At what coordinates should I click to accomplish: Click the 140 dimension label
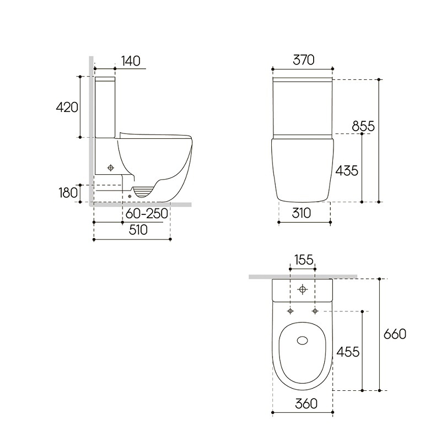(131, 61)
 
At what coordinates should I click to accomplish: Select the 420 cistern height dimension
(67, 107)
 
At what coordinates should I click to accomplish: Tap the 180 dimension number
(68, 192)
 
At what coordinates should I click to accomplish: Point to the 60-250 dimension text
(147, 214)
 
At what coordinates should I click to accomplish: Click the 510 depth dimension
(138, 230)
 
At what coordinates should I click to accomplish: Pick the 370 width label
(304, 60)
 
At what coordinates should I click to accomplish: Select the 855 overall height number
(363, 126)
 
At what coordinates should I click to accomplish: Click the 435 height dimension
(347, 171)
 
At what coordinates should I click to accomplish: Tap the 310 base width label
(301, 213)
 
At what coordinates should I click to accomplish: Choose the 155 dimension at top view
(304, 260)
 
